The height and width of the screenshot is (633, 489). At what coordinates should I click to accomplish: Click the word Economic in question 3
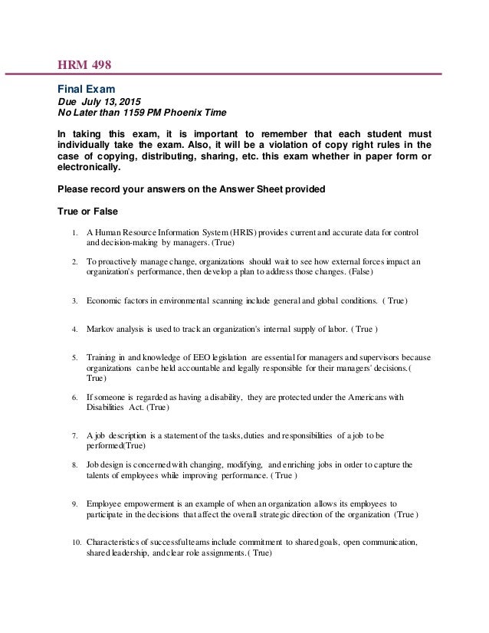click(x=103, y=301)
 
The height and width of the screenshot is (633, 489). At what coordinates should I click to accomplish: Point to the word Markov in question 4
click(x=101, y=330)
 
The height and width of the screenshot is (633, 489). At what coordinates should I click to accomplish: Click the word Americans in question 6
click(x=378, y=397)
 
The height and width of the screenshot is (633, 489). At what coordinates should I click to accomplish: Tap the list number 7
click(x=74, y=435)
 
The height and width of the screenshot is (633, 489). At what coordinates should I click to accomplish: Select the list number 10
click(x=73, y=542)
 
